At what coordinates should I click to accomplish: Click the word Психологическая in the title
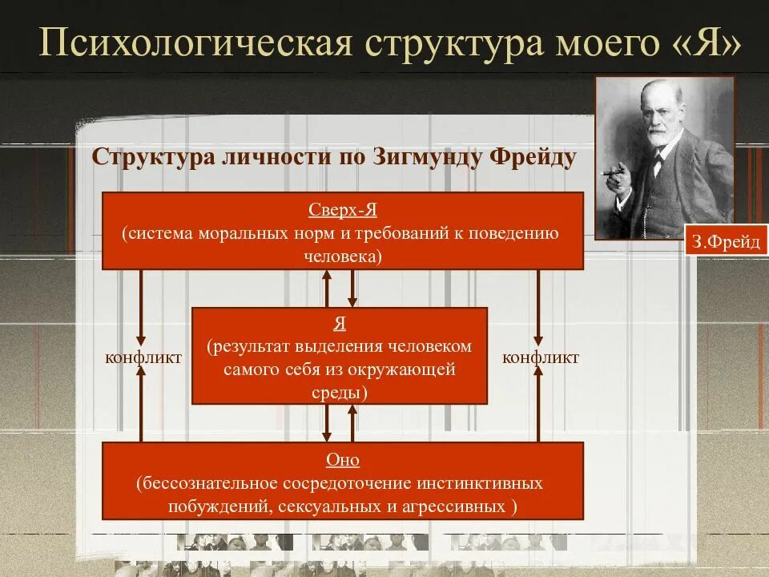click(x=196, y=43)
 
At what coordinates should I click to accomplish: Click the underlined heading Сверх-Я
click(x=342, y=210)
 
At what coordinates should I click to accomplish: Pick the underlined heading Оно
click(x=342, y=460)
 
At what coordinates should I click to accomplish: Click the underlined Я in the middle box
click(x=339, y=324)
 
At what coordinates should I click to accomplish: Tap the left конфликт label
click(x=143, y=357)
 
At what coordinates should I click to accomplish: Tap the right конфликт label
click(x=541, y=357)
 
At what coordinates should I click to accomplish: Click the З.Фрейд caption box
click(x=726, y=242)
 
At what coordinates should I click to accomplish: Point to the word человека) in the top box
click(x=342, y=256)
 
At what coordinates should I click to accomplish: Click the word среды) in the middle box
click(x=339, y=393)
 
